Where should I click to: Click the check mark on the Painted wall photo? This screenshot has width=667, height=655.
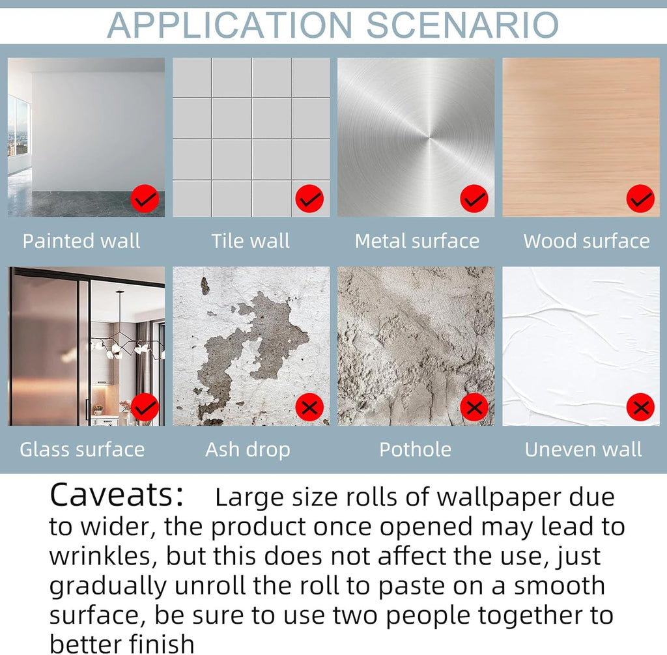click(145, 199)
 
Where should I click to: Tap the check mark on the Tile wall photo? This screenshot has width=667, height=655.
click(309, 199)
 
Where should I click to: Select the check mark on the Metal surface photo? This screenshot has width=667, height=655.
click(474, 199)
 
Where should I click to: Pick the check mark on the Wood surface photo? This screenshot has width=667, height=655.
click(640, 199)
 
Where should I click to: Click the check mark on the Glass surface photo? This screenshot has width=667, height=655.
click(145, 408)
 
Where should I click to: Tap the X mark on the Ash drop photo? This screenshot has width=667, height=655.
click(309, 408)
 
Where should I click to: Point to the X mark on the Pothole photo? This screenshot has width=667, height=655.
click(474, 408)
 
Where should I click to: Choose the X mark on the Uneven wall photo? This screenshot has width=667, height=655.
click(640, 408)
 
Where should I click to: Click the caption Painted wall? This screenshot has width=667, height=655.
click(81, 241)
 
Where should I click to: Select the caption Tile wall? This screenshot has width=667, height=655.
click(250, 241)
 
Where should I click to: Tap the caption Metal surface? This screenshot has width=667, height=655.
click(417, 241)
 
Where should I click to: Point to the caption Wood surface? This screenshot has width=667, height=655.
click(586, 241)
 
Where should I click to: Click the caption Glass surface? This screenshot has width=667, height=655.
click(82, 449)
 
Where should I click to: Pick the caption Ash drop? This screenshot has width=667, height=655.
click(248, 450)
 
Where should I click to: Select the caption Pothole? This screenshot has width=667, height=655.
click(415, 449)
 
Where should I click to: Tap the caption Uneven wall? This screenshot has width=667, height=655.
click(583, 449)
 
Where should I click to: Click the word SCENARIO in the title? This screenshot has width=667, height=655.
click(462, 25)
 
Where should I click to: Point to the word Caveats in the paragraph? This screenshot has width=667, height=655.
click(116, 495)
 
